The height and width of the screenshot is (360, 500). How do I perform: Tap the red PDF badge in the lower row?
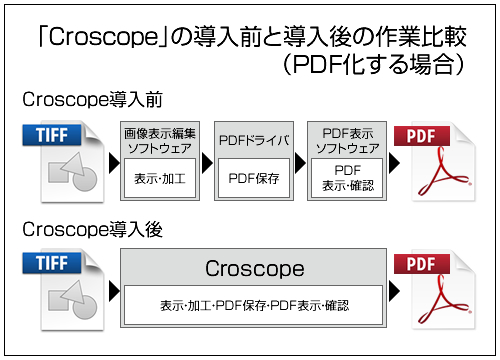[423, 264]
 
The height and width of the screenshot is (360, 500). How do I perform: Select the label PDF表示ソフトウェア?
[347, 141]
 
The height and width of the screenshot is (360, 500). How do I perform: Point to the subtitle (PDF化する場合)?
[371, 66]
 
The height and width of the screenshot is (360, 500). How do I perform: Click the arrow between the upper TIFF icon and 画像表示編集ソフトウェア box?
[111, 160]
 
